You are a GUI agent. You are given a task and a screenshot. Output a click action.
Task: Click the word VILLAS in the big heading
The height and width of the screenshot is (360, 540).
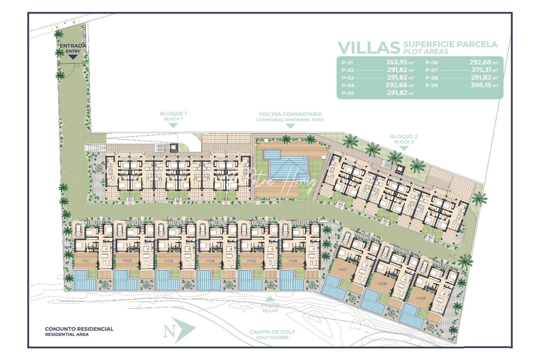pyautogui.click(x=369, y=48)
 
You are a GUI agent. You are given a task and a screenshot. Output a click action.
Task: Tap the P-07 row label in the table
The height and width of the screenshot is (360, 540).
pyautogui.click(x=431, y=70)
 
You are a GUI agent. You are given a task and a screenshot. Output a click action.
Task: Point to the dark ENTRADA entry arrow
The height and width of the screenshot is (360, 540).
pyautogui.click(x=73, y=57)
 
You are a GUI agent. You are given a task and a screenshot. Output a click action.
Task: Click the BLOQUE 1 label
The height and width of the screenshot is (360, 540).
pyautogui.click(x=173, y=114)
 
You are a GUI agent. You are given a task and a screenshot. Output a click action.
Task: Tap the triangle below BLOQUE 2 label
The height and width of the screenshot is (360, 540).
pyautogui.click(x=404, y=148)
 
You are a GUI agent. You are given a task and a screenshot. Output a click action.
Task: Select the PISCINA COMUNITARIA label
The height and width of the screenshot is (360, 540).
pyautogui.click(x=290, y=114)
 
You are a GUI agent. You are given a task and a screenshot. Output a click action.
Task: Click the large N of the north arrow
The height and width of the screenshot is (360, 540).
pyautogui.click(x=169, y=331)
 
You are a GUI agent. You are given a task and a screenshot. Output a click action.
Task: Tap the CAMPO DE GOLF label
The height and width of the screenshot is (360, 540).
pyautogui.click(x=272, y=332)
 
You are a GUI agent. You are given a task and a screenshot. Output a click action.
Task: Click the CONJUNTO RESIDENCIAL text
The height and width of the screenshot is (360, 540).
pyautogui.click(x=79, y=329)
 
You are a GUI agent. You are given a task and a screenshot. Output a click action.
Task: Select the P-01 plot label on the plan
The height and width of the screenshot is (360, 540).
pyautogui.click(x=85, y=261)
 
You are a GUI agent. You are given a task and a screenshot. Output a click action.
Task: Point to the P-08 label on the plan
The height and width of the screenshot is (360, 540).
pyautogui.click(x=382, y=284)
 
